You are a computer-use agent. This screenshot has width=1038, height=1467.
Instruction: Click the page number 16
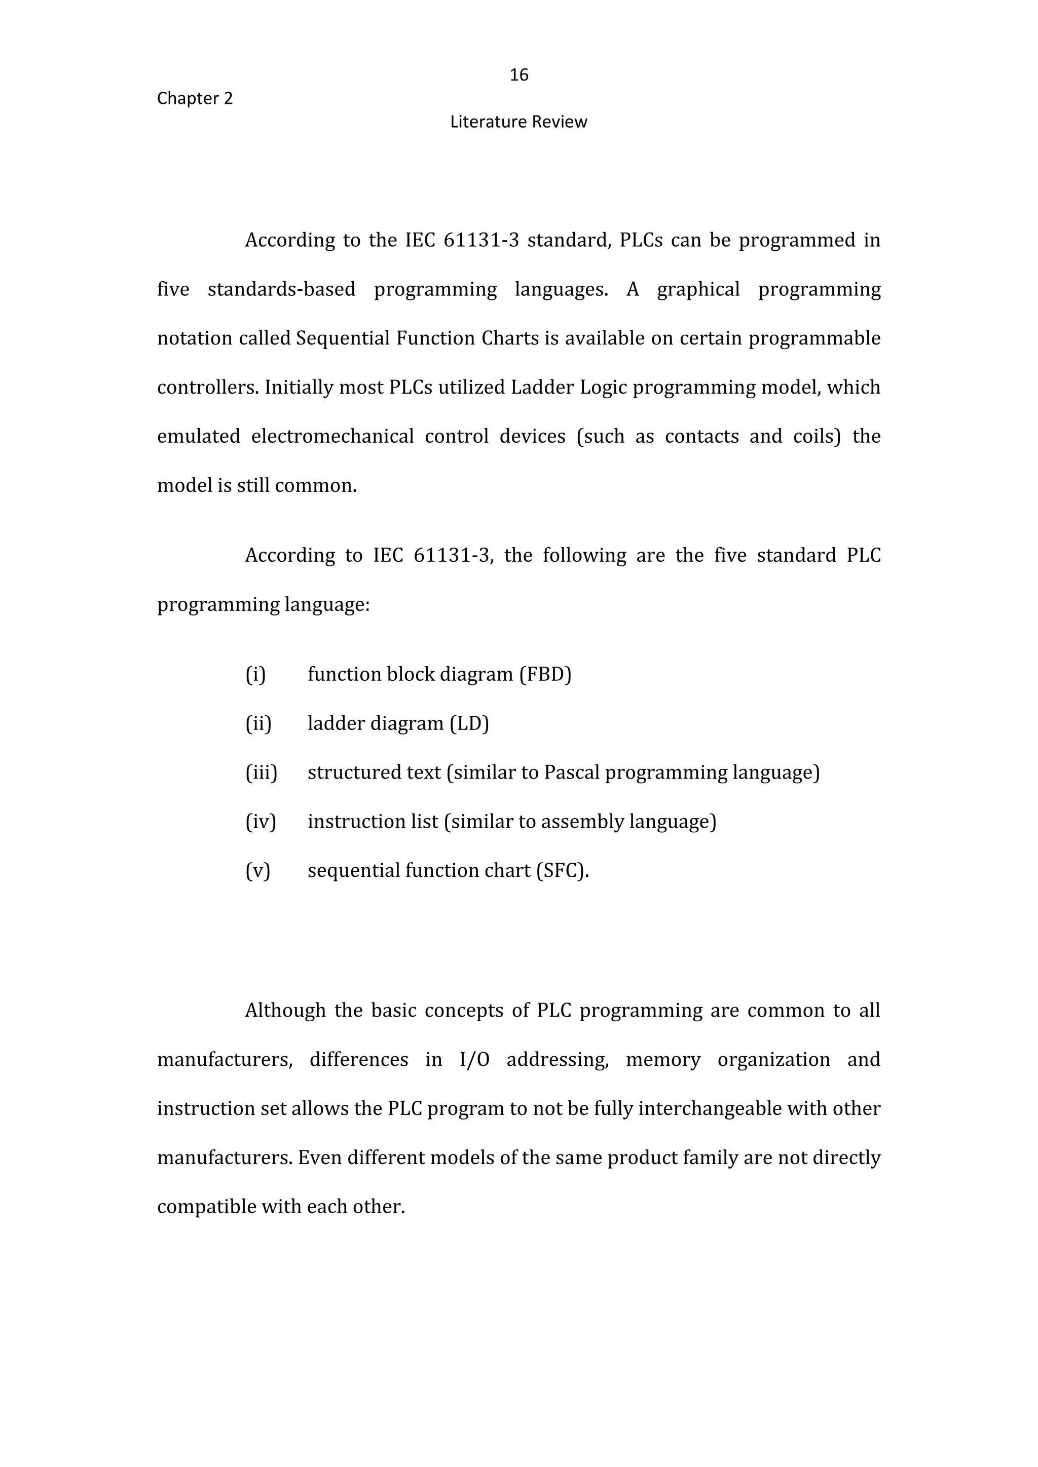518,75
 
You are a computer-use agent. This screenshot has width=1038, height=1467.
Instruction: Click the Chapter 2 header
195,98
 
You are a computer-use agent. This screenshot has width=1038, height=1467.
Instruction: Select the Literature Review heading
518,122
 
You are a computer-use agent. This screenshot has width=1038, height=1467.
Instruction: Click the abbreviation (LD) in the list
468,723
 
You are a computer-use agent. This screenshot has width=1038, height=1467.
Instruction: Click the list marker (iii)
262,773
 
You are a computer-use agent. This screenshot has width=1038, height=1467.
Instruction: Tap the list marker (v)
258,870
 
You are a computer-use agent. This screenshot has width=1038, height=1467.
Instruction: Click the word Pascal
571,773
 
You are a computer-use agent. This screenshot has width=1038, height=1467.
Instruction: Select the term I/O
474,1059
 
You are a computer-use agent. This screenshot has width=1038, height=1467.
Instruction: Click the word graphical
698,289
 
